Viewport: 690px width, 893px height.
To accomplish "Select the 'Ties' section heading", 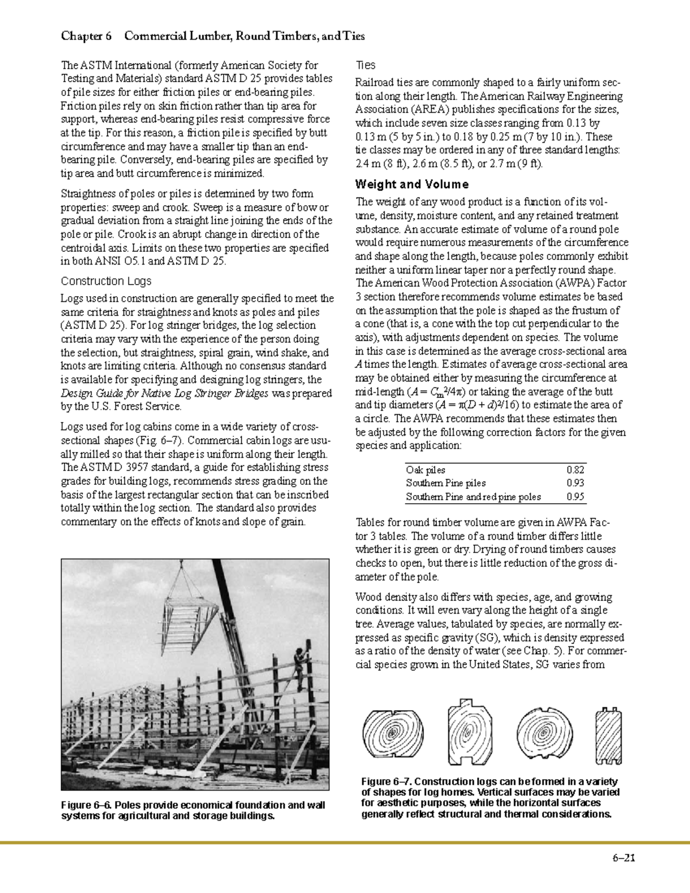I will pyautogui.click(x=366, y=65).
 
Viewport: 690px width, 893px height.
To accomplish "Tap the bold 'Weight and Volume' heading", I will pyautogui.click(x=412, y=185).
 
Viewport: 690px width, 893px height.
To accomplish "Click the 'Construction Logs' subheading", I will pyautogui.click(x=106, y=281).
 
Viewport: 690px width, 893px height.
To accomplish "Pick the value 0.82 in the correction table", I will pyautogui.click(x=576, y=470).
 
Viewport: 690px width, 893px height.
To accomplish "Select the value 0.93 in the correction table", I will pyautogui.click(x=576, y=483).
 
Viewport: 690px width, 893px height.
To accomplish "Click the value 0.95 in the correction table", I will pyautogui.click(x=576, y=497).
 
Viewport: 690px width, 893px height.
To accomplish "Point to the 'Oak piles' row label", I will pyautogui.click(x=425, y=470).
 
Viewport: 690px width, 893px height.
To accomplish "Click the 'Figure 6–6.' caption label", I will pyautogui.click(x=86, y=805).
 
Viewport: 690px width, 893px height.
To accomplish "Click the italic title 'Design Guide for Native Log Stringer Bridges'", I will pyautogui.click(x=164, y=393).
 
